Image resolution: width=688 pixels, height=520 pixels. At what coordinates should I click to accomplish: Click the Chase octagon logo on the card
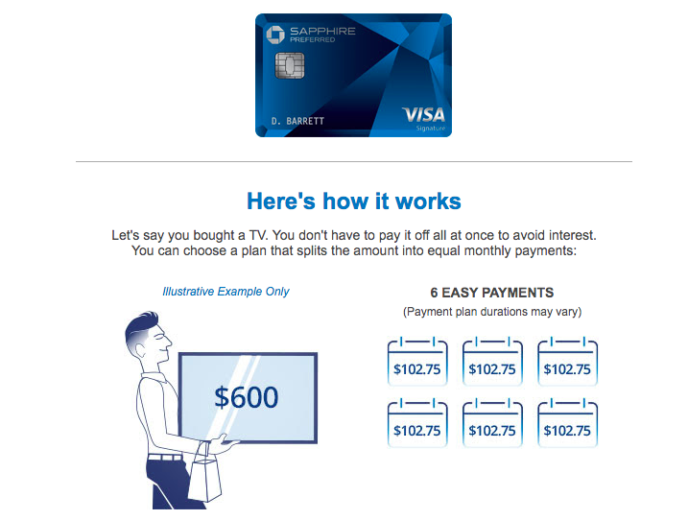pyautogui.click(x=275, y=35)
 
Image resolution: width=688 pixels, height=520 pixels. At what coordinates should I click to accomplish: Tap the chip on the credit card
pyautogui.click(x=290, y=65)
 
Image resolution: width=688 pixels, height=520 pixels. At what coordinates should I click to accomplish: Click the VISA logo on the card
pyautogui.click(x=423, y=115)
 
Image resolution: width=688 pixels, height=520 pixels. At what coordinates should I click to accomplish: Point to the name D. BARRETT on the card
pyautogui.click(x=297, y=121)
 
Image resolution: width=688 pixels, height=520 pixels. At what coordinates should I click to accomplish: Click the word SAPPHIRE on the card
pyautogui.click(x=322, y=31)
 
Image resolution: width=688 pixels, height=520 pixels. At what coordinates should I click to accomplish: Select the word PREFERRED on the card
pyautogui.click(x=313, y=40)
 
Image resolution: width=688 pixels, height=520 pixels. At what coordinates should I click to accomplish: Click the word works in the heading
pyautogui.click(x=428, y=201)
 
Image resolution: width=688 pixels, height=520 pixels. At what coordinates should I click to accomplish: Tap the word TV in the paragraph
pyautogui.click(x=257, y=235)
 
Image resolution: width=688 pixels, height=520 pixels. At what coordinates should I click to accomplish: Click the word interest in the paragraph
pyautogui.click(x=572, y=235)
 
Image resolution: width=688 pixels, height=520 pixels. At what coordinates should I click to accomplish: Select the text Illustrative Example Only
pyautogui.click(x=225, y=292)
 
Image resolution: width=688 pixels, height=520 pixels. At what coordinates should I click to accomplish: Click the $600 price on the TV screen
pyautogui.click(x=247, y=397)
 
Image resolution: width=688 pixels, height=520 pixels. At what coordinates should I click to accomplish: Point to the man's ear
pyautogui.click(x=140, y=350)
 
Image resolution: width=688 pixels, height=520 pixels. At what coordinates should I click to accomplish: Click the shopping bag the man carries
pyautogui.click(x=204, y=474)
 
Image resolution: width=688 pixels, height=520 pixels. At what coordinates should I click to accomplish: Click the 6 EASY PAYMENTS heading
pyautogui.click(x=492, y=293)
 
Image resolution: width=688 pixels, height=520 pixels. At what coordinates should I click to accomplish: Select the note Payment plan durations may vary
pyautogui.click(x=492, y=312)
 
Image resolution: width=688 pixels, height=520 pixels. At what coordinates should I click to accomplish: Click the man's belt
pyautogui.click(x=165, y=458)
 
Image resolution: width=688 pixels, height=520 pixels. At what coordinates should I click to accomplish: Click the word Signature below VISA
pyautogui.click(x=431, y=129)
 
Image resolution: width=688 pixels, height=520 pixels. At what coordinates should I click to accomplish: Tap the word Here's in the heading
pyautogui.click(x=281, y=201)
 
